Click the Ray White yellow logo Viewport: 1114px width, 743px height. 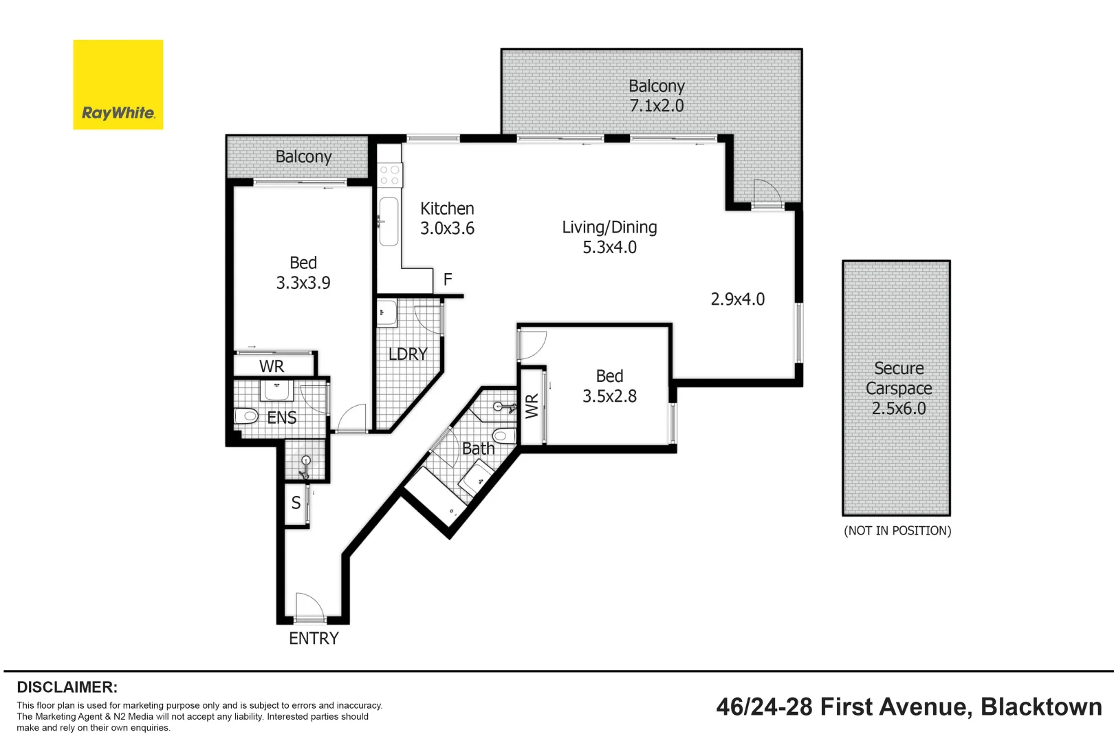click(118, 85)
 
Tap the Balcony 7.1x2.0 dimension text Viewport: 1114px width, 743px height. click(657, 105)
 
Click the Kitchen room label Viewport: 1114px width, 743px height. click(447, 208)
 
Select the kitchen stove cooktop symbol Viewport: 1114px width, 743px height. click(389, 175)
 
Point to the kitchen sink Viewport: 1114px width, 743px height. click(389, 222)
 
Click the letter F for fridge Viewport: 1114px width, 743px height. click(448, 279)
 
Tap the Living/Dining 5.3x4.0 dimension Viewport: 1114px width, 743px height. click(609, 247)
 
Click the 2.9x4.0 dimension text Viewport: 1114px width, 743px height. click(737, 299)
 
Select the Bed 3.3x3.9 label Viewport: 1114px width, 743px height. click(303, 273)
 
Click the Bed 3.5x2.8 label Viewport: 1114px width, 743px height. click(609, 386)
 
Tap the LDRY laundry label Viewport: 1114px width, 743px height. click(408, 354)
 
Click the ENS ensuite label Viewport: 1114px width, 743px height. click(282, 418)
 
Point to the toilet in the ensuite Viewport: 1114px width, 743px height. click(246, 416)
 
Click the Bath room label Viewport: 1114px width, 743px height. click(479, 449)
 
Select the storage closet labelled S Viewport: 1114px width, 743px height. click(296, 503)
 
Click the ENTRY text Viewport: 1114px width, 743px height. click(314, 638)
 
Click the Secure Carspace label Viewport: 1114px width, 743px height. click(898, 388)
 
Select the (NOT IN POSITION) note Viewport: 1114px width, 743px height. click(897, 530)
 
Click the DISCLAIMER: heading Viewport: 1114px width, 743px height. click(67, 687)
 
